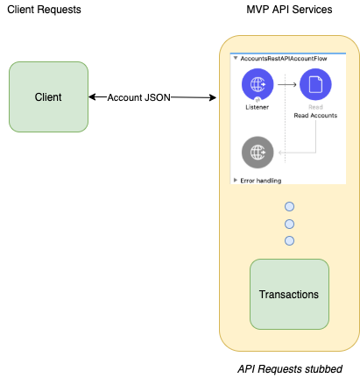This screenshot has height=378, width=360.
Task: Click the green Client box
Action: (48, 96)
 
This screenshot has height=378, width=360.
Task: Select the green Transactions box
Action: (289, 294)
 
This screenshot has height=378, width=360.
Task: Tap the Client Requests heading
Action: (44, 10)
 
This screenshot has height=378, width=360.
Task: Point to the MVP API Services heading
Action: (289, 10)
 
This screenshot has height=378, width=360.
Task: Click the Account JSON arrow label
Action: (138, 97)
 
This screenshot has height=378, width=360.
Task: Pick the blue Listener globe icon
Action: (258, 84)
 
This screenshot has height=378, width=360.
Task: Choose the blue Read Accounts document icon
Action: (315, 84)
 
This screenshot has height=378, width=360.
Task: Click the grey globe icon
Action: (258, 153)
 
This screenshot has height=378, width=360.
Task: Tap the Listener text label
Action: (257, 107)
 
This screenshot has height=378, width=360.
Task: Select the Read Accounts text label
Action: (315, 116)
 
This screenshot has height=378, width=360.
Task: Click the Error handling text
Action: (261, 181)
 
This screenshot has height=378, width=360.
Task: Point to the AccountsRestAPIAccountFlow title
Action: (284, 59)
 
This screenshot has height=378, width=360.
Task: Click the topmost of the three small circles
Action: (289, 207)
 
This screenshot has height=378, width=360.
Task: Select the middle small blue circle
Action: (289, 225)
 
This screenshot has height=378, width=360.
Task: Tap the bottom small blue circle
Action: (289, 241)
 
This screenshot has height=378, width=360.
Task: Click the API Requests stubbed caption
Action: (290, 369)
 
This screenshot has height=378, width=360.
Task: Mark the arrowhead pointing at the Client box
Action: (92, 96)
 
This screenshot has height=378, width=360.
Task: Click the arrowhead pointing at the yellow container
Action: (213, 97)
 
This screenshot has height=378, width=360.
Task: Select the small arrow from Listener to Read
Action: (287, 84)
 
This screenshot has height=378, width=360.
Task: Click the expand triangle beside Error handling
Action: (236, 180)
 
